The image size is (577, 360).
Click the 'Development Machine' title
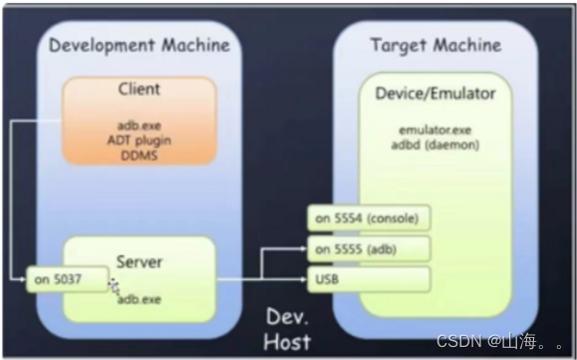point(139,45)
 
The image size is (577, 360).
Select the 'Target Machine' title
point(435,45)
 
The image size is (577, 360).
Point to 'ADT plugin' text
point(139,141)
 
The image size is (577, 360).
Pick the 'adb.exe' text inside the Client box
point(139,128)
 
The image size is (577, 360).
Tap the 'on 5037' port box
point(67,280)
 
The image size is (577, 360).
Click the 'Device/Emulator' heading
point(434,94)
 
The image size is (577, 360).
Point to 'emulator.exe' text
point(434,129)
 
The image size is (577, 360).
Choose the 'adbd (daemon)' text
point(434,144)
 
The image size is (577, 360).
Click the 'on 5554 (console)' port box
point(368,218)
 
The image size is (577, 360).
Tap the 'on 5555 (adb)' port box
point(368,248)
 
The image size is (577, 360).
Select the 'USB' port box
point(368,278)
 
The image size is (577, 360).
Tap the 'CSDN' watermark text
point(456,341)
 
